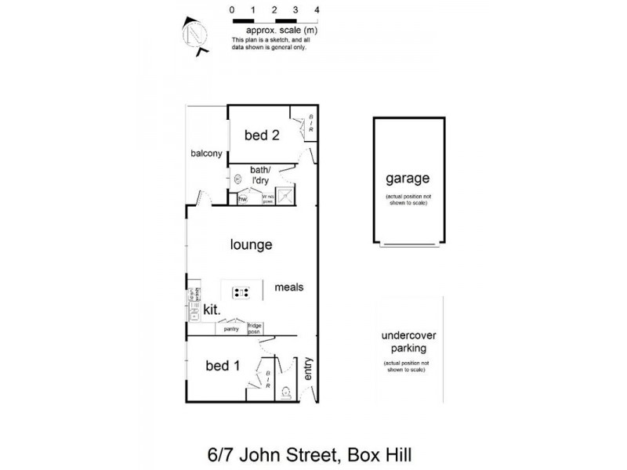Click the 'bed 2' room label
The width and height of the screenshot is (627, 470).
tap(262, 135)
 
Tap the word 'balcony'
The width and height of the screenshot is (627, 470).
tap(207, 154)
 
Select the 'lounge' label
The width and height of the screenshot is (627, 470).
tap(251, 245)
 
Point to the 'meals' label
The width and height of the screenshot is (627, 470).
tap(288, 287)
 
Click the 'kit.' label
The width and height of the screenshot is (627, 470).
tap(210, 310)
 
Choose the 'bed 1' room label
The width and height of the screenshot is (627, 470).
tap(222, 365)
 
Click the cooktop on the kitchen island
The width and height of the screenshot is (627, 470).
tap(241, 294)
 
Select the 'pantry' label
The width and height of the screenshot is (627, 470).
tap(230, 329)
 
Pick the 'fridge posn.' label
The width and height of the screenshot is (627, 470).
tap(255, 328)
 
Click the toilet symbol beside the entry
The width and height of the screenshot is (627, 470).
tap(286, 392)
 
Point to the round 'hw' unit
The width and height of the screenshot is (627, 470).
tap(237, 180)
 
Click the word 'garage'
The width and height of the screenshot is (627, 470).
tap(406, 179)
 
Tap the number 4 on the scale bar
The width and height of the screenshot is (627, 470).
tap(316, 10)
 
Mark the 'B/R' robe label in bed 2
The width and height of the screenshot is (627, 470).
tap(310, 125)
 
